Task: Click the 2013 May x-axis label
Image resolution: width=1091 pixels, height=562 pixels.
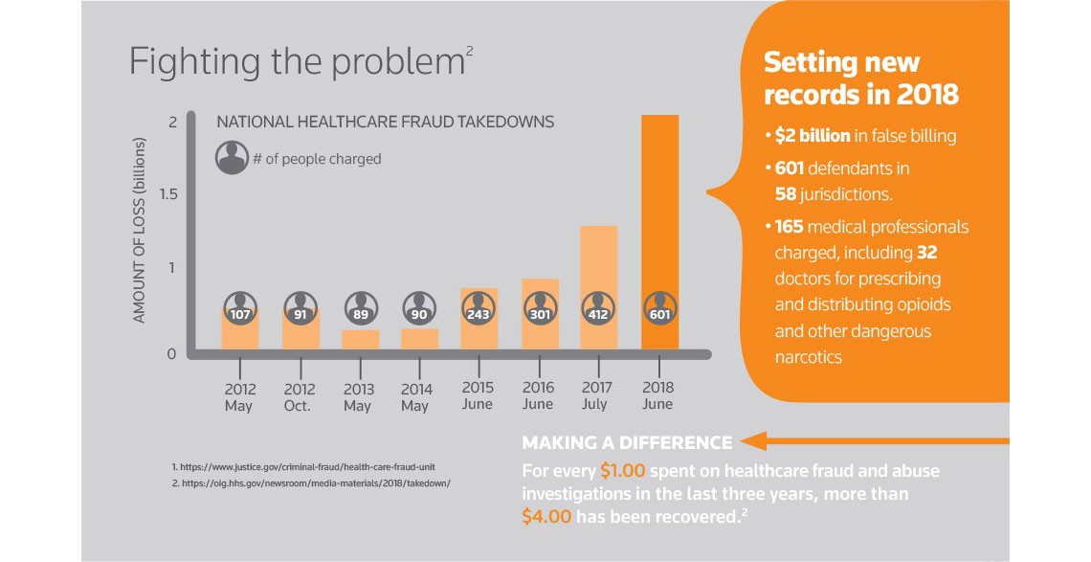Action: click(x=358, y=397)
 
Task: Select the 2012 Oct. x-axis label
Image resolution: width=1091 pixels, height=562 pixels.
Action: click(x=300, y=397)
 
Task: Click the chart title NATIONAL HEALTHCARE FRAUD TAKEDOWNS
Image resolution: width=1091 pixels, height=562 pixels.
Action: click(x=386, y=123)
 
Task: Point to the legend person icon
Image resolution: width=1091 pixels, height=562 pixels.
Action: click(x=233, y=158)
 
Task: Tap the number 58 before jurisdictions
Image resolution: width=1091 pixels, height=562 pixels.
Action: click(x=788, y=193)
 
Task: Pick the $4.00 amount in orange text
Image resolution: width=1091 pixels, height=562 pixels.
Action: click(x=547, y=516)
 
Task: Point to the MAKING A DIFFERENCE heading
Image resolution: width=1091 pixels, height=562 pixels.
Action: click(x=627, y=442)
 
